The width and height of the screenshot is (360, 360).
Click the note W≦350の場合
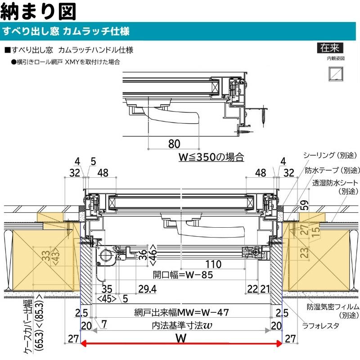[211, 157]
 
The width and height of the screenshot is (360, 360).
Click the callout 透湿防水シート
[335, 183]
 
